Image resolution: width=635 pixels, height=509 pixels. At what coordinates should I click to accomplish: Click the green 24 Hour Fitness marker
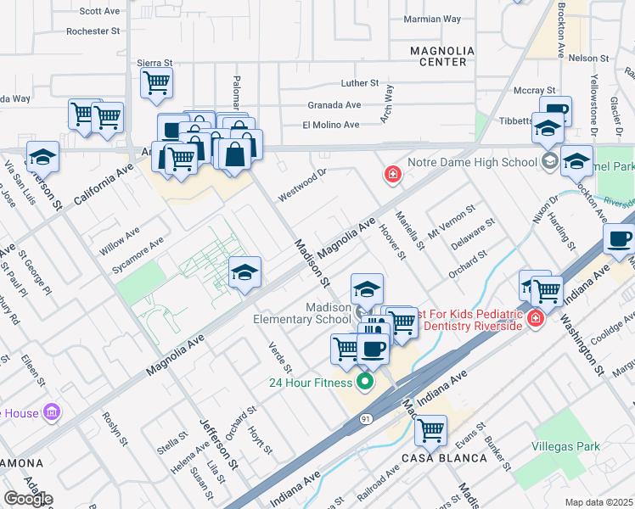tap(366, 382)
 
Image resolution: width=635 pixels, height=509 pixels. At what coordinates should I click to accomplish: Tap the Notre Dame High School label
tap(472, 162)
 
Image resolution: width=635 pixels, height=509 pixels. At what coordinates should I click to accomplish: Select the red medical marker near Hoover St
tap(392, 175)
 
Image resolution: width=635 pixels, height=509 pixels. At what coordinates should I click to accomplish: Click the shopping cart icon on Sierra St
tap(156, 83)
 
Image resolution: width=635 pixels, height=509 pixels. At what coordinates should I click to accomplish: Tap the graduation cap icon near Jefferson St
tap(42, 157)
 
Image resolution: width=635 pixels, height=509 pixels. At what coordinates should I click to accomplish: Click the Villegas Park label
tap(565, 446)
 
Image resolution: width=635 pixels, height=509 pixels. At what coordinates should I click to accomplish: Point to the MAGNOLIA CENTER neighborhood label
tap(438, 57)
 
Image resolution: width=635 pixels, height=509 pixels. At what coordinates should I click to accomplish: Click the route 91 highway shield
tap(366, 419)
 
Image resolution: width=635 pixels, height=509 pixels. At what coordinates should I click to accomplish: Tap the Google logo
tap(28, 499)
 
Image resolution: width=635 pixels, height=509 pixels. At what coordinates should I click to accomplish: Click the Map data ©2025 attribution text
tap(598, 502)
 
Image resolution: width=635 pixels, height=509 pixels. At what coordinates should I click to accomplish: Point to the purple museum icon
tap(52, 413)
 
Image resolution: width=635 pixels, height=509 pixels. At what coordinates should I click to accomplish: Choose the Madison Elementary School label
tap(302, 313)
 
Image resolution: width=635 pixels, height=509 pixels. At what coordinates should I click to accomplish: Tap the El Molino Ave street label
tap(331, 125)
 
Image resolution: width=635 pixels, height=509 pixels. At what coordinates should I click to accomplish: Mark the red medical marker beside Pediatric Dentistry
tap(535, 319)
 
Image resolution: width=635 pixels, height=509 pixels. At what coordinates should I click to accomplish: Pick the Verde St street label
tap(280, 358)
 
